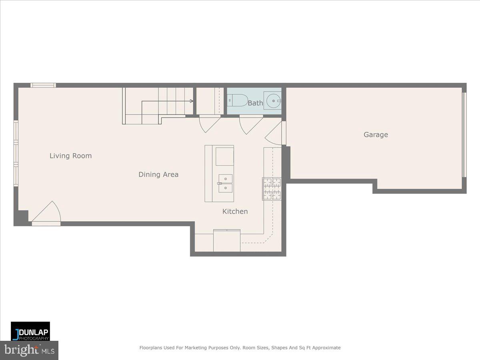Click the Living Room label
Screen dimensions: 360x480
(x=70, y=156)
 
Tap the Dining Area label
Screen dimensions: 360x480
(x=158, y=174)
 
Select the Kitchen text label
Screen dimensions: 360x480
(x=235, y=212)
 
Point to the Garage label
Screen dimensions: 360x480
(x=376, y=135)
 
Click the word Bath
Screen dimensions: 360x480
(x=255, y=103)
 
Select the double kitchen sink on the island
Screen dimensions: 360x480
(x=225, y=183)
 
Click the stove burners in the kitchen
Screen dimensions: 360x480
(x=272, y=189)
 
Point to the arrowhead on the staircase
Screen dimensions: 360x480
(x=192, y=101)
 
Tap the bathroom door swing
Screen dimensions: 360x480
(x=250, y=124)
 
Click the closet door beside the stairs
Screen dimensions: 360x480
(x=209, y=123)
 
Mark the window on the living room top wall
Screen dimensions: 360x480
(x=43, y=85)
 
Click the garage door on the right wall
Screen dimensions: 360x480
(x=464, y=135)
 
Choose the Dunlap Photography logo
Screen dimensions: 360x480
(x=30, y=331)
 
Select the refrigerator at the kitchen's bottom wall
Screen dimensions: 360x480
(x=227, y=241)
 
